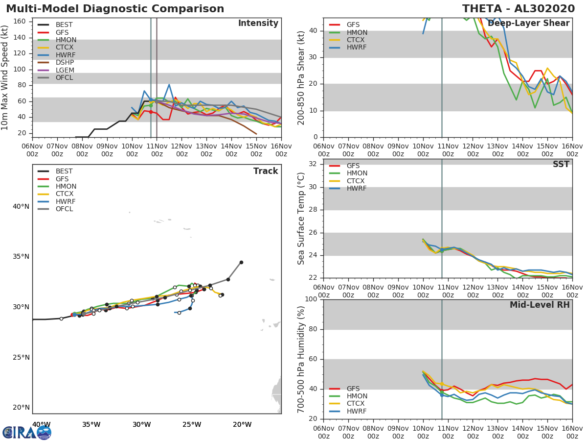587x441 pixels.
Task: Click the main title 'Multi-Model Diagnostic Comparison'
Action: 115,9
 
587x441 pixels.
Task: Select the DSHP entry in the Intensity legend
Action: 65,63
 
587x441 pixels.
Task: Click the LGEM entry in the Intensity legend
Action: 65,70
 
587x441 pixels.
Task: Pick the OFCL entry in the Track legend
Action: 65,209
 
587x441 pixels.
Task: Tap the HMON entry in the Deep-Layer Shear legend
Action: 357,32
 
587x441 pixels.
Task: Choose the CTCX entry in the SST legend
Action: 357,181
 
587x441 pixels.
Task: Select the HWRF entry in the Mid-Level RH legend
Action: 357,412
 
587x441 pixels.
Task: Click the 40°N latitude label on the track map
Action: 21,206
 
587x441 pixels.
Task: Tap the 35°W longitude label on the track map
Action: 91,424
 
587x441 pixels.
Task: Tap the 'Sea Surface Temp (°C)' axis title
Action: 302,219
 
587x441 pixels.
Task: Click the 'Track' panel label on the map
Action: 265,171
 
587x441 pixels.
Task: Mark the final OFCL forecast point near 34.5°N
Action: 241,262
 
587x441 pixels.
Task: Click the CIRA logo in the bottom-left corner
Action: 27,432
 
